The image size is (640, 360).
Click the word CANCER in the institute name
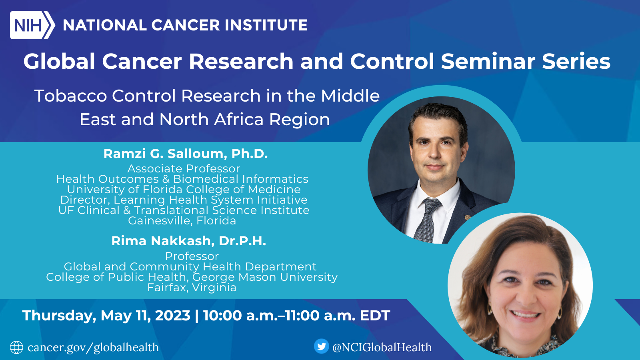[186, 25]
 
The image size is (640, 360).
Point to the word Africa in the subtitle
[238, 119]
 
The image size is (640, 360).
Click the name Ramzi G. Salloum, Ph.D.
[186, 154]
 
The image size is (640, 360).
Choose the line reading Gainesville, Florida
[182, 220]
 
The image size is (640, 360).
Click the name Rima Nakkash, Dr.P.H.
[188, 241]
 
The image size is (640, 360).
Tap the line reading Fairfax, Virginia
[192, 288]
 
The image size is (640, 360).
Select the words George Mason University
[265, 277]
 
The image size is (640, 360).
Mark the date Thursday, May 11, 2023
[106, 316]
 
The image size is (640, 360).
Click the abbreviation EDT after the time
[375, 316]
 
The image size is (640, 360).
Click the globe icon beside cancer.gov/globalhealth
[16, 348]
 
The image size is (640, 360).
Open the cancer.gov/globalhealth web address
[93, 348]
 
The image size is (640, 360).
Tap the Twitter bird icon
[322, 346]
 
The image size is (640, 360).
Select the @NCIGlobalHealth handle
[382, 347]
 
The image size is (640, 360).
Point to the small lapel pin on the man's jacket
[467, 218]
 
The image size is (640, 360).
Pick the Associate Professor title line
[184, 168]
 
